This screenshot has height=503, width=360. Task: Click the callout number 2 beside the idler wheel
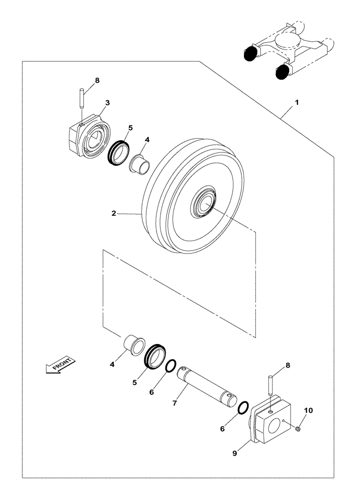[x=114, y=213]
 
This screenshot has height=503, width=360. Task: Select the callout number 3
[x=107, y=103]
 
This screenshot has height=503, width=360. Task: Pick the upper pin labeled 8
[x=81, y=97]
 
